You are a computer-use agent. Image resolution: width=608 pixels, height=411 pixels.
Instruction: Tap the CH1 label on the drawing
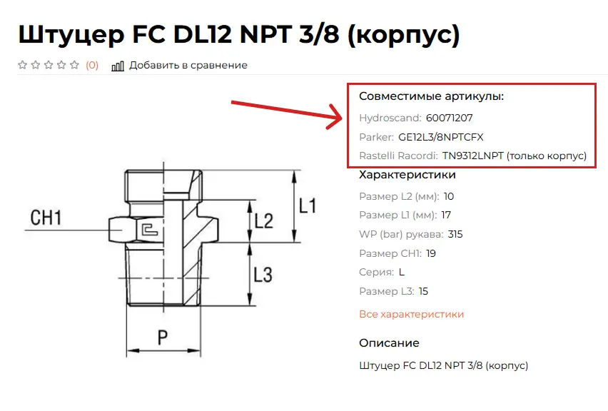[x=46, y=218]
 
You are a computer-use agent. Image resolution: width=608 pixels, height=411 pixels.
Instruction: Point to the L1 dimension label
[x=308, y=205]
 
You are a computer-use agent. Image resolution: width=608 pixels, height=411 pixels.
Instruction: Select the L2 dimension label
[x=264, y=220]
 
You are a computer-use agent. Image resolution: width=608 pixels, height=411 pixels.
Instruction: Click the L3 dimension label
[x=263, y=275]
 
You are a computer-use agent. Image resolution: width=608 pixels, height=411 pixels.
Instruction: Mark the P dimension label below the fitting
[x=163, y=338]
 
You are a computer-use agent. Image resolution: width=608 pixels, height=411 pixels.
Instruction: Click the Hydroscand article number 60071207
[x=449, y=118]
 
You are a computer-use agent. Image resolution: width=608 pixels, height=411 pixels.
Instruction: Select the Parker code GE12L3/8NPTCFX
[x=441, y=137]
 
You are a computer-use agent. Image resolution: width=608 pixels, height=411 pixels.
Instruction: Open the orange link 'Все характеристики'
[x=412, y=314]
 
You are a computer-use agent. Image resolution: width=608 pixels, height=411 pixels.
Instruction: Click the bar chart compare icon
[x=118, y=66]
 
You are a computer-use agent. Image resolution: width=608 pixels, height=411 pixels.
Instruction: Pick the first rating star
[x=23, y=65]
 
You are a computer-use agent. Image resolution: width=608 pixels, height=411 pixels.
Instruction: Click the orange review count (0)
[x=92, y=65]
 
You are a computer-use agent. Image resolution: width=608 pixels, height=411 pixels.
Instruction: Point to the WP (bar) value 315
[x=455, y=234]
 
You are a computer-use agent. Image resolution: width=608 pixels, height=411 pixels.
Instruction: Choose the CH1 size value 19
[x=431, y=253]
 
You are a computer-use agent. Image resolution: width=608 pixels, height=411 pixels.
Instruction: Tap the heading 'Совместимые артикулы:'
[x=431, y=96]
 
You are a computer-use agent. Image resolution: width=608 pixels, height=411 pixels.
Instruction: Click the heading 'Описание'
[x=389, y=342]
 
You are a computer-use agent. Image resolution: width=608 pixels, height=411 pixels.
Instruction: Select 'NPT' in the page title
[x=265, y=34]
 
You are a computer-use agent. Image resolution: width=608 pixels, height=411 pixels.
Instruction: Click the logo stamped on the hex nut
[x=149, y=229]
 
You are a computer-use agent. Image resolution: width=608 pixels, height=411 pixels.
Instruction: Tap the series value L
[x=401, y=272]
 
